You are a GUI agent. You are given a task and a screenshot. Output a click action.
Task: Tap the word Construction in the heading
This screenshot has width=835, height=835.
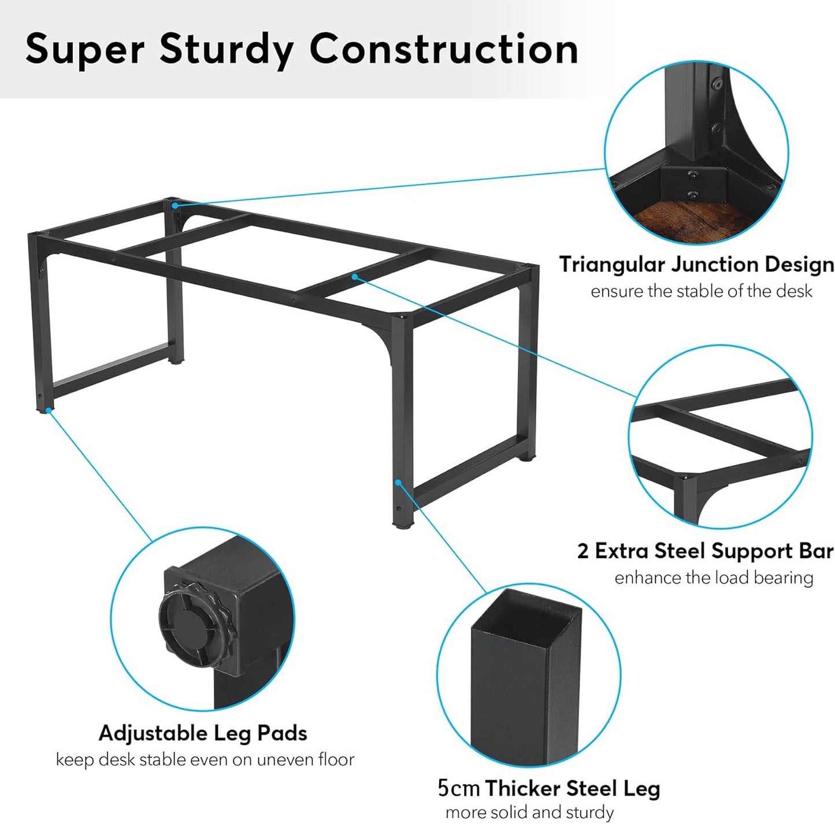click(x=444, y=49)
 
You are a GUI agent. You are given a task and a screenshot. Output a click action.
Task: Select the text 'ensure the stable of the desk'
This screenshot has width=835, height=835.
click(x=701, y=291)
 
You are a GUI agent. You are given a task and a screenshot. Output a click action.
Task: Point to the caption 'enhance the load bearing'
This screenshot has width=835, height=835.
click(x=714, y=578)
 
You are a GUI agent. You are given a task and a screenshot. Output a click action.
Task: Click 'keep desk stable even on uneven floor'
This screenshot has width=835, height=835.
click(x=205, y=760)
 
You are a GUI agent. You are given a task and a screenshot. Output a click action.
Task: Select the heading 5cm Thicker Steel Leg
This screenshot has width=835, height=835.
click(x=548, y=788)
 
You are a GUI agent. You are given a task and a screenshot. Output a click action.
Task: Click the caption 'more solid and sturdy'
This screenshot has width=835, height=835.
click(x=529, y=812)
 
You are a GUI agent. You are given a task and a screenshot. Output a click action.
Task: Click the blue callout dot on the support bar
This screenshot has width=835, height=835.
click(x=354, y=276)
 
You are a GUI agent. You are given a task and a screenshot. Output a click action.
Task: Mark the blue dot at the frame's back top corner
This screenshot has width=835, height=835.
click(x=174, y=205)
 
